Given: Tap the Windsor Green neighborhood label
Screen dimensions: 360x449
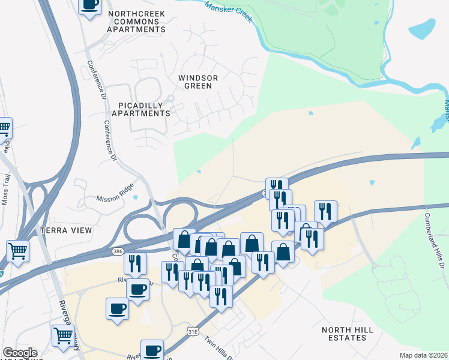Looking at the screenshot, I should [198, 82].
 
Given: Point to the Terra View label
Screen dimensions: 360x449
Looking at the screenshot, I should [66, 230].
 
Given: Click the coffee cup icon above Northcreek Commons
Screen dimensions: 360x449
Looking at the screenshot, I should [90, 5].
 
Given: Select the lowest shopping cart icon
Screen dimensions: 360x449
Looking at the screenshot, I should [64, 335].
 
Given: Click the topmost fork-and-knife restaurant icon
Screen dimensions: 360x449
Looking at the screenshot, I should [276, 187].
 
